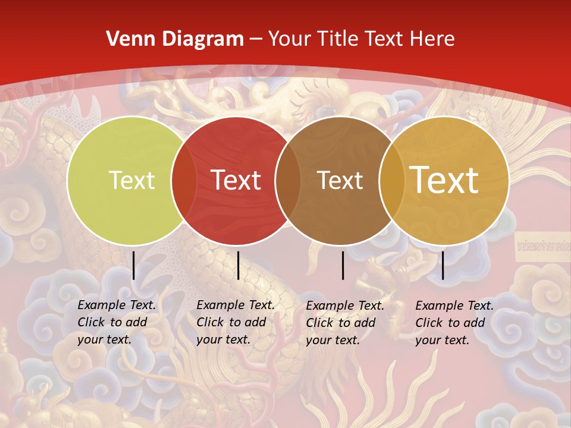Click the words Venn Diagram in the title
click(175, 39)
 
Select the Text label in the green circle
click(131, 181)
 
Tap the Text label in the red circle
click(236, 180)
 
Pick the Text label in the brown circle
click(340, 181)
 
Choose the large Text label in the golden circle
click(444, 180)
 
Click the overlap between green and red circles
click(184, 181)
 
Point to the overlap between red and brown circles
click(288, 181)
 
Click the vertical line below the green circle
click(134, 265)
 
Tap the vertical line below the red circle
click(238, 265)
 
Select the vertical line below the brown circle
click(343, 265)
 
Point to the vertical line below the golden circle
click(443, 265)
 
